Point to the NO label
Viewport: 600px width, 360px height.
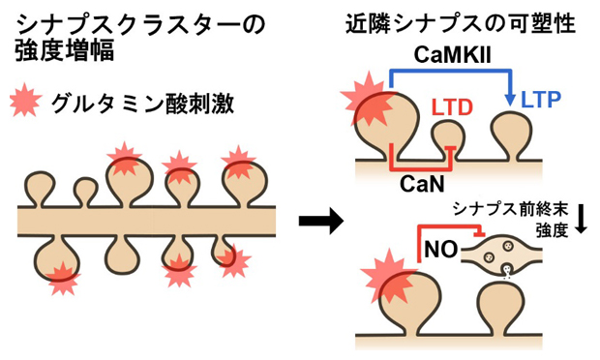click(x=435, y=252)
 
